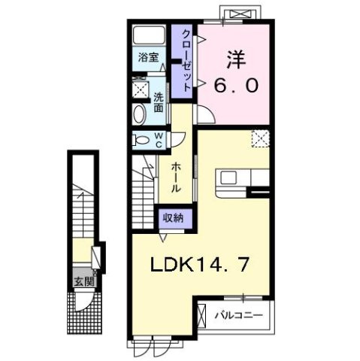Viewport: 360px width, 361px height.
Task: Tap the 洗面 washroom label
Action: click(159, 103)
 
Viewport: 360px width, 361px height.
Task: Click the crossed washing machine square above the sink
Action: click(140, 89)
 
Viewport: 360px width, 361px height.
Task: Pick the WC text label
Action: click(159, 140)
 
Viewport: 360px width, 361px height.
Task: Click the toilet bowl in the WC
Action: click(141, 139)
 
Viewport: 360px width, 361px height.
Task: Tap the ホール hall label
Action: click(175, 177)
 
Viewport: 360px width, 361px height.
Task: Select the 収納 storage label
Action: click(175, 217)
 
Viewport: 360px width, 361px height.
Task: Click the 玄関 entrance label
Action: click(83, 282)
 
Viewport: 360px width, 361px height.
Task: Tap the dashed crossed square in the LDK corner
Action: click(260, 138)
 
